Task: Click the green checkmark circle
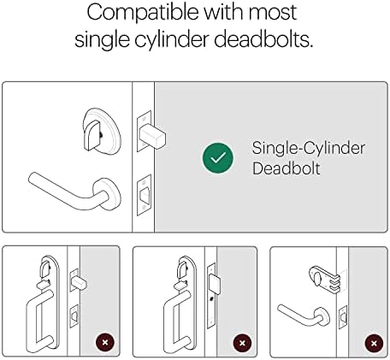click(x=218, y=158)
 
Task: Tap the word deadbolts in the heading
click(x=263, y=38)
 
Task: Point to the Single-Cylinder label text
click(x=309, y=148)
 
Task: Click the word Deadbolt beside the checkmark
click(x=287, y=168)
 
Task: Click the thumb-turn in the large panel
click(x=92, y=135)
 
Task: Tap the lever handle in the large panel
click(x=75, y=192)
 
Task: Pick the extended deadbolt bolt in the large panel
click(x=152, y=137)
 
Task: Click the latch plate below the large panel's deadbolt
click(x=144, y=195)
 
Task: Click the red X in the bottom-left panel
click(x=105, y=342)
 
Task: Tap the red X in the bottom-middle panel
click(x=242, y=343)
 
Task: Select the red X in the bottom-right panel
click(x=374, y=343)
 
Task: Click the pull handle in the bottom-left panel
click(x=39, y=322)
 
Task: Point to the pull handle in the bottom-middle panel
click(x=177, y=322)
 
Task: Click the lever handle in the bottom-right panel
click(x=304, y=315)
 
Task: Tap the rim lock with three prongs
click(x=325, y=279)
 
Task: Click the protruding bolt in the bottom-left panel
click(x=79, y=283)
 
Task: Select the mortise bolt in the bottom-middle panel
click(x=215, y=285)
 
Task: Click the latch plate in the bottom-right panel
click(x=343, y=317)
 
